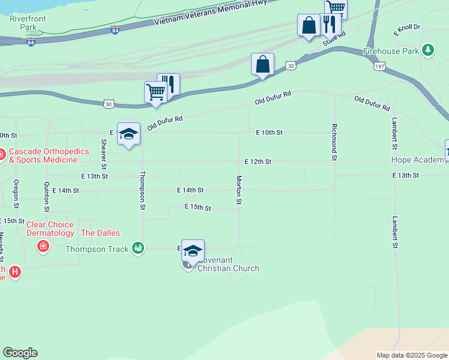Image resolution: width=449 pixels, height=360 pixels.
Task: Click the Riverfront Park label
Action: pyautogui.click(x=28, y=23)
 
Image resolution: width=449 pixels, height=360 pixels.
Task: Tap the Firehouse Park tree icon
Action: pyautogui.click(x=428, y=50)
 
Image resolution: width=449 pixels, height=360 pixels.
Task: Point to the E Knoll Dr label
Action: pyautogui.click(x=407, y=28)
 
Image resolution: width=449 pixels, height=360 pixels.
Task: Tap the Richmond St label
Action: pyautogui.click(x=333, y=142)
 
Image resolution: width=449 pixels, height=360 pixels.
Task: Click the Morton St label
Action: pyautogui.click(x=239, y=190)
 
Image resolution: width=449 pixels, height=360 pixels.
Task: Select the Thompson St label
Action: pyautogui.click(x=143, y=190)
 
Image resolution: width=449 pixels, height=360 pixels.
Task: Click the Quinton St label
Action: pyautogui.click(x=46, y=197)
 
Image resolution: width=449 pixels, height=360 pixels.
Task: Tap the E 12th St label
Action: pyautogui.click(x=258, y=162)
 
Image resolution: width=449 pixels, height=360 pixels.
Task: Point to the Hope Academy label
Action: pyautogui.click(x=418, y=160)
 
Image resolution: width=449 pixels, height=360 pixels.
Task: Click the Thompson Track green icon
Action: pyautogui.click(x=139, y=248)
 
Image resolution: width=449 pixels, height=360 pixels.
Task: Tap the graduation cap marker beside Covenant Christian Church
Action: pyautogui.click(x=193, y=251)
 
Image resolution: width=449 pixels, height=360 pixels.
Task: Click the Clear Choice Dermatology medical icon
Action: pyautogui.click(x=43, y=245)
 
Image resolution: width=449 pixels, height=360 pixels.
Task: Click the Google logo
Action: pyautogui.click(x=20, y=353)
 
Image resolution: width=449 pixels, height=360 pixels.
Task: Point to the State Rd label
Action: pyautogui.click(x=335, y=38)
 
